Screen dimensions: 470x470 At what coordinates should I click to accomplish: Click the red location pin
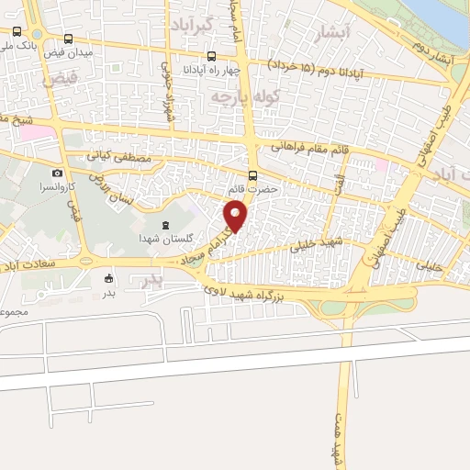[x=237, y=217]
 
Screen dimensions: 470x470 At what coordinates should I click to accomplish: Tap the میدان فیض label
[x=95, y=51]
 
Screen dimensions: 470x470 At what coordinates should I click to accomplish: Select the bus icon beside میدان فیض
[x=71, y=39]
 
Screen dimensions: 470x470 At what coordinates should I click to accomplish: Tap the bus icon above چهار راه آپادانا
[x=212, y=55]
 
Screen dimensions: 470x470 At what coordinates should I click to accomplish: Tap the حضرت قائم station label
[x=253, y=189]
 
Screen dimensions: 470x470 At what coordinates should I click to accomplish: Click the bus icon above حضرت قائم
[x=254, y=175]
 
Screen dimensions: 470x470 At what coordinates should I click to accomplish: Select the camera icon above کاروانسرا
[x=58, y=173]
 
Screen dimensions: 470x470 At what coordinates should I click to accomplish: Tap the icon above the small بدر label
[x=109, y=279]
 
